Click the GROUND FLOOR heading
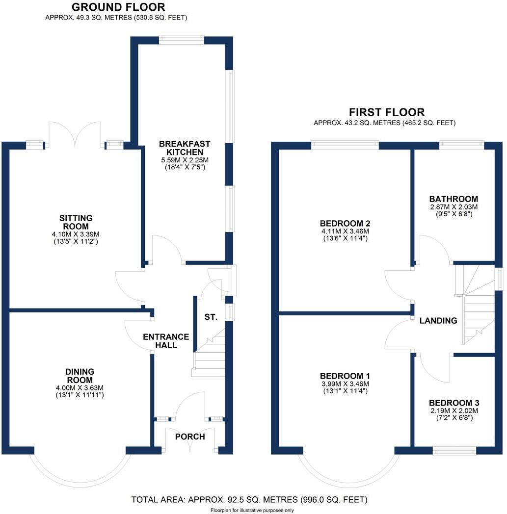coord(119,7)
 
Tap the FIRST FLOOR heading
coord(386,112)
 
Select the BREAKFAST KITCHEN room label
coord(185,148)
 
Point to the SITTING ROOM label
coord(76,222)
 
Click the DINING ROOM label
coord(80,376)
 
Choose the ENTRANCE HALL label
coord(166,340)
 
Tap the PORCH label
coord(190,437)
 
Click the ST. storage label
coord(211,317)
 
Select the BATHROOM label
coord(454,199)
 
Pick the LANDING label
coord(438,321)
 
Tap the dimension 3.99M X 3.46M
coord(345,384)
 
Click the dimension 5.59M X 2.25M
coord(185,160)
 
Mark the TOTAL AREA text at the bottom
coord(249,500)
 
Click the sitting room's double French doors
coord(74,133)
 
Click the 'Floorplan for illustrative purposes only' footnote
coord(252,510)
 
